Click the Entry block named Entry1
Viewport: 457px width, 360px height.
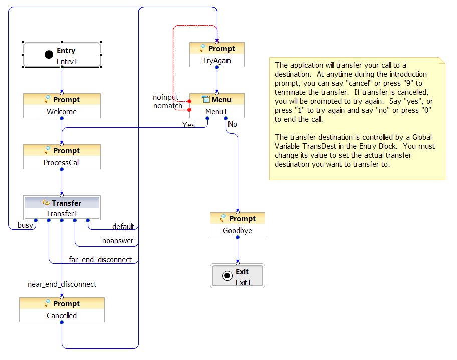pyautogui.click(x=62, y=55)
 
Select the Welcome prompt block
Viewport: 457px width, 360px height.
pyautogui.click(x=62, y=106)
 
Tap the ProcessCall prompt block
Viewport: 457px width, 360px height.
pyautogui.click(x=62, y=157)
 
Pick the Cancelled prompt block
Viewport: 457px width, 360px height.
pyautogui.click(x=62, y=310)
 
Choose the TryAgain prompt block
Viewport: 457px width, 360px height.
pyautogui.click(x=217, y=55)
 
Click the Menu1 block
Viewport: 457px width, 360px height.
pyautogui.click(x=217, y=106)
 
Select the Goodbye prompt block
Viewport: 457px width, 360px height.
pyautogui.click(x=238, y=225)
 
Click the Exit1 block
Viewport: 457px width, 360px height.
pyautogui.click(x=238, y=276)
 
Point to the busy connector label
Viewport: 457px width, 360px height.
pyautogui.click(x=25, y=225)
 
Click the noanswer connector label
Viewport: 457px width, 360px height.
pyautogui.click(x=118, y=241)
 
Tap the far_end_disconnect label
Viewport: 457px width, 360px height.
pyautogui.click(x=100, y=260)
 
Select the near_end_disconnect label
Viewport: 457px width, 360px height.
pyautogui.click(x=62, y=284)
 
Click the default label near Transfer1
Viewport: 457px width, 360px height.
pyautogui.click(x=123, y=227)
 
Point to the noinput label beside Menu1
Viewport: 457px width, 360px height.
pyautogui.click(x=165, y=97)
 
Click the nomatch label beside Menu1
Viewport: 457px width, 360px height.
pyautogui.click(x=167, y=106)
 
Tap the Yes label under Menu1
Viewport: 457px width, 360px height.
pyautogui.click(x=188, y=125)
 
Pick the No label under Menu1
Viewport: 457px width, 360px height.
pyautogui.click(x=233, y=124)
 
